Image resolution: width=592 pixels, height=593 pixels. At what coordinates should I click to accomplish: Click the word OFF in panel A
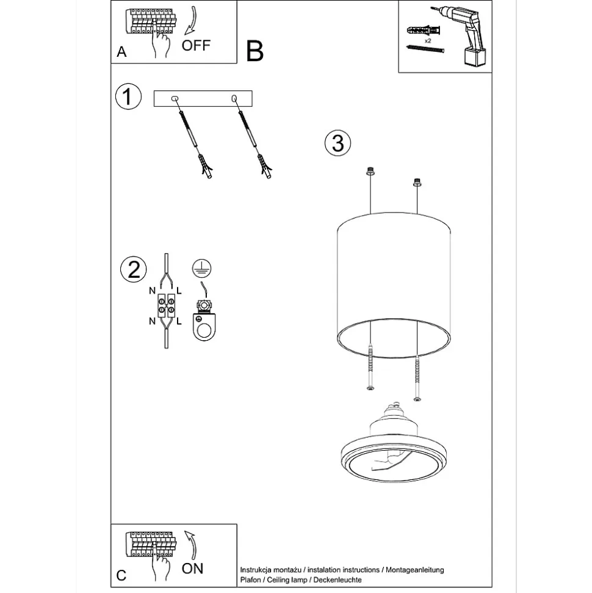coord(196,45)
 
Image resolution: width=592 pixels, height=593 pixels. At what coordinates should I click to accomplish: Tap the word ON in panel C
coord(192,569)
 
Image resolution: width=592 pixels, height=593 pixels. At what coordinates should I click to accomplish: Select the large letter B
coord(254,51)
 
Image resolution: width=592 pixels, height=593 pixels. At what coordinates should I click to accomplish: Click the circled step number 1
coord(129,96)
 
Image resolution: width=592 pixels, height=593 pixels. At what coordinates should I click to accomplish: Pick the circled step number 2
coord(134,270)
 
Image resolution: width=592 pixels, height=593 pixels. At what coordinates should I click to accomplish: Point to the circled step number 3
coord(338,144)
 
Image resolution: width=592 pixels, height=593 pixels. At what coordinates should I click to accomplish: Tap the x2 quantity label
coord(428,41)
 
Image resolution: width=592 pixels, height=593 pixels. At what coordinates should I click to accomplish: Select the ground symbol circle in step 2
coord(201,269)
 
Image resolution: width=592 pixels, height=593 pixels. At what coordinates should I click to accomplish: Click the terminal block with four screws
coord(167,305)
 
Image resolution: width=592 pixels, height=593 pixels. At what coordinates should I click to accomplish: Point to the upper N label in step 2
coord(152,291)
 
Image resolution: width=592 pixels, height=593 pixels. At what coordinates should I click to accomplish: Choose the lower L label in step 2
coord(179,321)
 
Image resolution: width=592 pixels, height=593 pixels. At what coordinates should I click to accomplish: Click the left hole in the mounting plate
coord(175,99)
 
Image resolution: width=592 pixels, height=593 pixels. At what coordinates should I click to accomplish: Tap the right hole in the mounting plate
coord(234,99)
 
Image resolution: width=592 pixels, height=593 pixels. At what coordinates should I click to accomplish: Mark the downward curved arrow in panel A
coord(193,20)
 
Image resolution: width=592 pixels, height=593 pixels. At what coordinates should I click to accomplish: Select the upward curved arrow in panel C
coord(191,545)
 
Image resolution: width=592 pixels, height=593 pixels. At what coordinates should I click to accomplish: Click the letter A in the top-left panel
coord(121,51)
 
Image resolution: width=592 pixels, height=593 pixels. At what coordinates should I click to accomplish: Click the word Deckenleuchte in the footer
coord(338,580)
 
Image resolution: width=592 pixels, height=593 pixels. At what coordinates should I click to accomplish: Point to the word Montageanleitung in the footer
coord(414,570)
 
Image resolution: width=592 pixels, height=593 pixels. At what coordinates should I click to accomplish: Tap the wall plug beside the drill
coord(424,29)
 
